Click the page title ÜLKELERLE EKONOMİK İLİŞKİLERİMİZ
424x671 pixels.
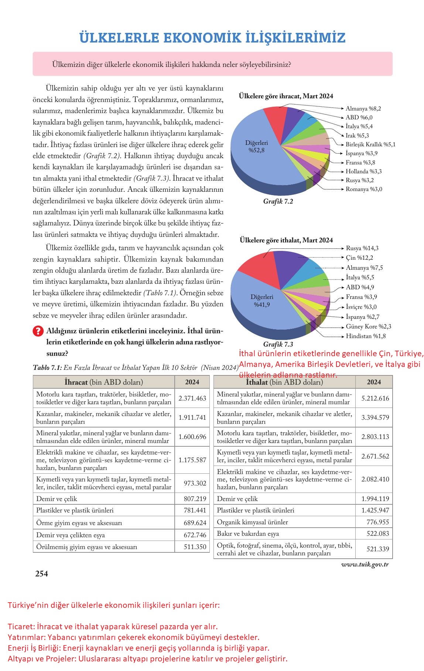pyautogui.click(x=212, y=38)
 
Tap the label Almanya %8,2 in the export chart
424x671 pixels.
pyautogui.click(x=363, y=109)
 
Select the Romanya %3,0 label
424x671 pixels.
pyautogui.click(x=364, y=189)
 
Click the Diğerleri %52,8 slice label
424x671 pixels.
pyautogui.click(x=257, y=146)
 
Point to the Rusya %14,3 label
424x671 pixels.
pyautogui.click(x=362, y=248)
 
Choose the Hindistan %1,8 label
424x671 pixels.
pyautogui.click(x=366, y=336)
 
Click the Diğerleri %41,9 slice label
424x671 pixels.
pyautogui.click(x=262, y=301)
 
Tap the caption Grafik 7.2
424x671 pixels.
pyautogui.click(x=278, y=201)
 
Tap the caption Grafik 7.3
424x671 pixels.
pyautogui.click(x=278, y=344)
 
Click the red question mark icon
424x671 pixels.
pyautogui.click(x=38, y=331)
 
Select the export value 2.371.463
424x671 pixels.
pyautogui.click(x=192, y=398)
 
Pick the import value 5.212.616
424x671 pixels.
pyautogui.click(x=375, y=398)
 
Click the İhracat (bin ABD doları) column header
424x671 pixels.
pyautogui.click(x=104, y=382)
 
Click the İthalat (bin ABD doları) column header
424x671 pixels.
pyautogui.click(x=284, y=382)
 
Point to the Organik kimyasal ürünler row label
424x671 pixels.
pyautogui.click(x=253, y=522)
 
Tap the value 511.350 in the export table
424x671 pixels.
pyautogui.click(x=195, y=546)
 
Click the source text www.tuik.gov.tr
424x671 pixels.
pyautogui.click(x=365, y=564)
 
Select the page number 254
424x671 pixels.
pyautogui.click(x=41, y=574)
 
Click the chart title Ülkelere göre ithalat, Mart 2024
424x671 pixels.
pyautogui.click(x=286, y=240)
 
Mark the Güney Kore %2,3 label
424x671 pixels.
pyautogui.click(x=368, y=327)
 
